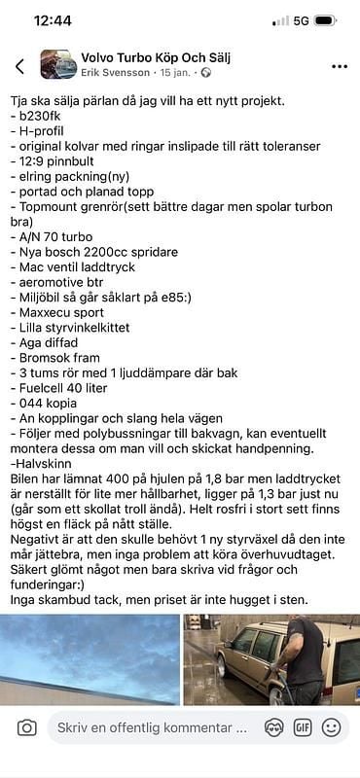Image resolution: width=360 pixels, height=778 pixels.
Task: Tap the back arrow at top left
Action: pos(19,66)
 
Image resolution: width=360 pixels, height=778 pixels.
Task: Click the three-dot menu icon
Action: pos(339,66)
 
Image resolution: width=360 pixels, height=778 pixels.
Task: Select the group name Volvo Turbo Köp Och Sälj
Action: pos(155,57)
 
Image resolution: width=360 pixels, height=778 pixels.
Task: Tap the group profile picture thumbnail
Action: pos(58,65)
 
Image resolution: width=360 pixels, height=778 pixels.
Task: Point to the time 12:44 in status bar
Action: pos(53,20)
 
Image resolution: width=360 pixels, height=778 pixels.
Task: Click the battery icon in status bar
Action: pos(325,20)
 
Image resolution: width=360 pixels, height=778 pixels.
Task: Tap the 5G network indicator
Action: pos(301,20)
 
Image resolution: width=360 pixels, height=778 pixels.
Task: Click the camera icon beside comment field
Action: pos(26,727)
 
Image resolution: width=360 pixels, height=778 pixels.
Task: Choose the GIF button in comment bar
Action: pos(303,727)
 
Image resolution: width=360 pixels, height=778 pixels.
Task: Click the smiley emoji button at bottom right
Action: pos(332,727)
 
